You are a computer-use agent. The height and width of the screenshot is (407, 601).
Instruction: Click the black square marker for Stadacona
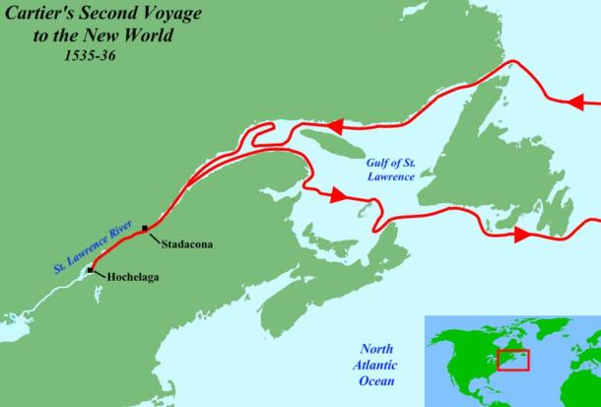tap(146, 229)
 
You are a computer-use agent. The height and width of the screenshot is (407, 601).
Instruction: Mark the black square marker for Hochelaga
tap(91, 269)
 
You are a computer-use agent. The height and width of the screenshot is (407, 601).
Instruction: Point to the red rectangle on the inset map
tap(512, 359)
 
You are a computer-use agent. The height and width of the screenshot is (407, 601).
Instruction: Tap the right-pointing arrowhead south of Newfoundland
tap(521, 235)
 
